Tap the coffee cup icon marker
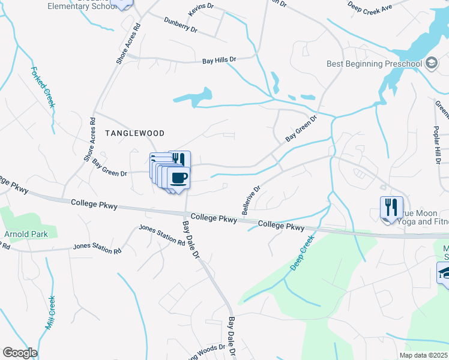point(179,178)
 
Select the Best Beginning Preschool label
point(375,64)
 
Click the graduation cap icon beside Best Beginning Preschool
point(431,63)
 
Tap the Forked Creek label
point(44,87)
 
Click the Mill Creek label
point(50,313)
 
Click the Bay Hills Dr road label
point(219,61)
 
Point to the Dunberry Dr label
point(181,23)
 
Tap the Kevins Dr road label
point(200,8)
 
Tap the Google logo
point(19,353)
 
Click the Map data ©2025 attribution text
point(424,355)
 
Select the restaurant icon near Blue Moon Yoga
point(391,208)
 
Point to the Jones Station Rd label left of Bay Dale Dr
point(162,235)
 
